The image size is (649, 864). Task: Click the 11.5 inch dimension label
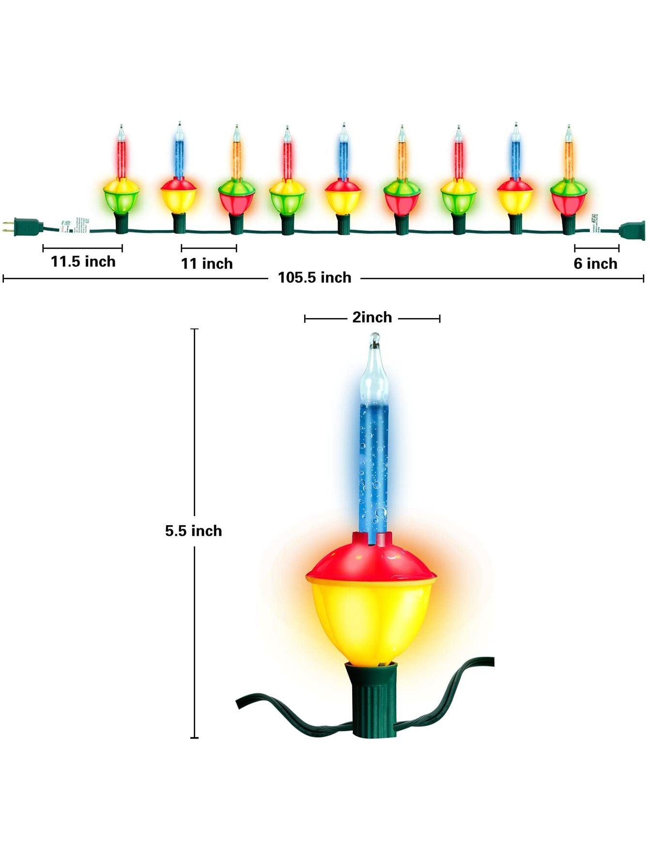click(x=83, y=262)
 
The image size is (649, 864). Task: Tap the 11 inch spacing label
click(x=207, y=264)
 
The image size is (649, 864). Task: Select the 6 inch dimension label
click(x=595, y=264)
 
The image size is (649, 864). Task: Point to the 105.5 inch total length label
click(x=314, y=278)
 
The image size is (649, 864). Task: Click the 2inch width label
click(x=372, y=318)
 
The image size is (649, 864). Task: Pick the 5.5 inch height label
click(x=193, y=531)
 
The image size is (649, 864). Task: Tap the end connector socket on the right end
click(x=632, y=231)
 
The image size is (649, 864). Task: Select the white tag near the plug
click(x=75, y=226)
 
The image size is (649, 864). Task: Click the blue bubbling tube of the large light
click(x=373, y=465)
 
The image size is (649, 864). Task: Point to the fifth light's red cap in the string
click(x=343, y=185)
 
